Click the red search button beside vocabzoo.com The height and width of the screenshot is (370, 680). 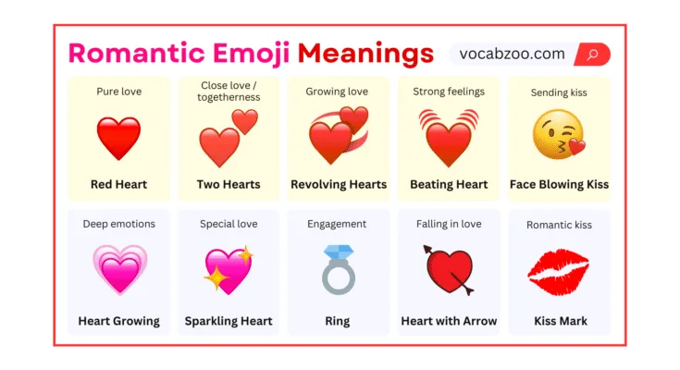(592, 54)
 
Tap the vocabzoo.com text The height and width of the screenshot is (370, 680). (512, 54)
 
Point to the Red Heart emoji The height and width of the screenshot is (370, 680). (118, 138)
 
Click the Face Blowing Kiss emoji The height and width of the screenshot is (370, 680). (558, 134)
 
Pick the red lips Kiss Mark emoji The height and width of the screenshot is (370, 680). (558, 270)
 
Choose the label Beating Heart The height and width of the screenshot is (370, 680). (449, 184)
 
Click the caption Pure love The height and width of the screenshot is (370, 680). (118, 92)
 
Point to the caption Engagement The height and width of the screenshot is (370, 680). (337, 224)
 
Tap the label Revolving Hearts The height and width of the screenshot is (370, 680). (339, 184)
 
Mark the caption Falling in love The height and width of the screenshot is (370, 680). (449, 224)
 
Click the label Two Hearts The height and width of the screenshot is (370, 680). (229, 184)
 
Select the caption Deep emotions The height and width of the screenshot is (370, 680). (118, 224)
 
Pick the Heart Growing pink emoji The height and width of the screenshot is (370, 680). (119, 268)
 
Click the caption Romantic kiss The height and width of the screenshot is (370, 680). (559, 225)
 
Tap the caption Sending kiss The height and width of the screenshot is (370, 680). (559, 92)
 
